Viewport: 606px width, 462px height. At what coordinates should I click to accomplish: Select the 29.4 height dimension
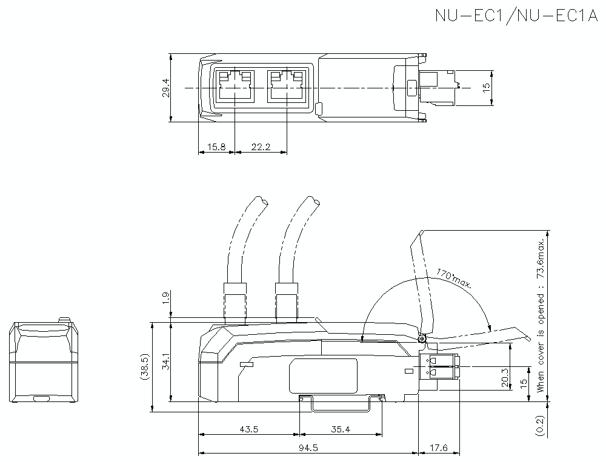(165, 88)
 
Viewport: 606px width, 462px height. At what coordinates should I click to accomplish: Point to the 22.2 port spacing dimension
(260, 147)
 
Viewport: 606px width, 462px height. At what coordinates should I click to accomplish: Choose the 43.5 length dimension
(248, 429)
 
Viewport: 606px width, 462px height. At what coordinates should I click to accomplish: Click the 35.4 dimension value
(341, 429)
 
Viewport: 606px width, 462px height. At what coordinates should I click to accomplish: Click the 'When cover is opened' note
(540, 315)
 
